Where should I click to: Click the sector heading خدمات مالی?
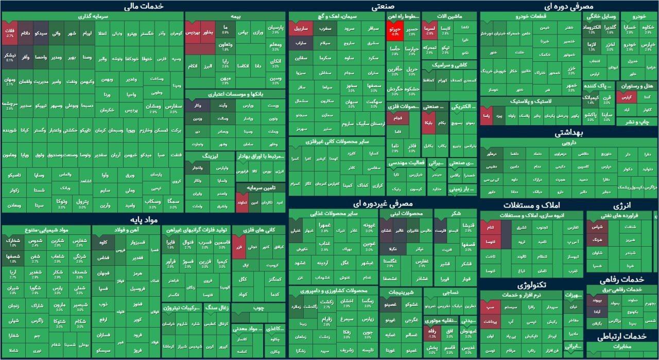click(144, 6)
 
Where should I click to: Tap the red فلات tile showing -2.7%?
click(10, 31)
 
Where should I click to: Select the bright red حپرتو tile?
click(395, 31)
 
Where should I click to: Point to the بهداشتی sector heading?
click(568, 133)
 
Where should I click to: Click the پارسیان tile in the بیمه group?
click(275, 28)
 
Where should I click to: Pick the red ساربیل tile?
click(301, 28)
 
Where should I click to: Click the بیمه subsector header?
click(236, 16)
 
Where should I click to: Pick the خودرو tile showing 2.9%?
click(631, 46)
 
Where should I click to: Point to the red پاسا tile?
click(485, 116)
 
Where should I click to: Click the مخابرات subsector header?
click(622, 347)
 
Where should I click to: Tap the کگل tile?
click(243, 279)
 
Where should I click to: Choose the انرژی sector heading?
click(622, 205)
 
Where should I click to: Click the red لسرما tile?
click(429, 29)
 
